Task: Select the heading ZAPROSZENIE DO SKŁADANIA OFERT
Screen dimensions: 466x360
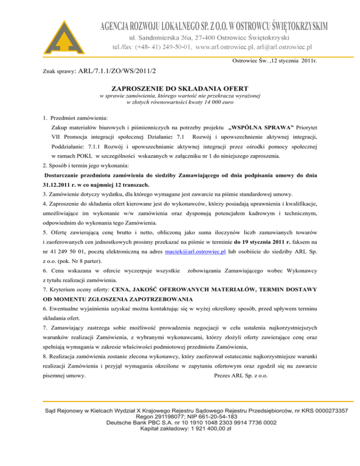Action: [180, 88]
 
